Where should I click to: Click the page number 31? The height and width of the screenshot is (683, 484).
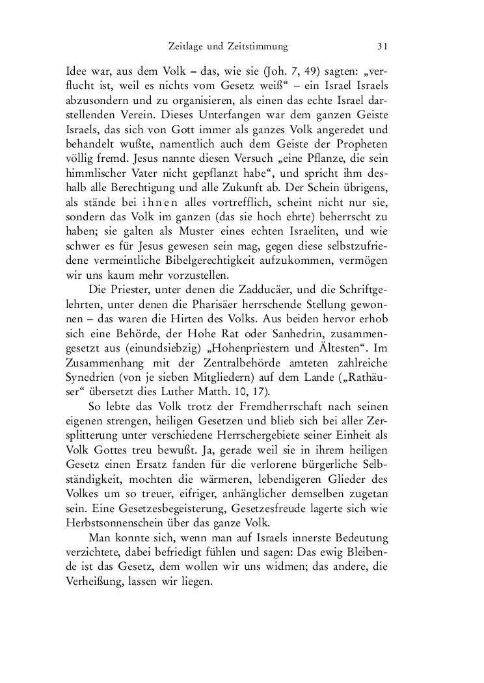[383, 46]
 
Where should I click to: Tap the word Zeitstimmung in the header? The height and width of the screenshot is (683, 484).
[257, 46]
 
